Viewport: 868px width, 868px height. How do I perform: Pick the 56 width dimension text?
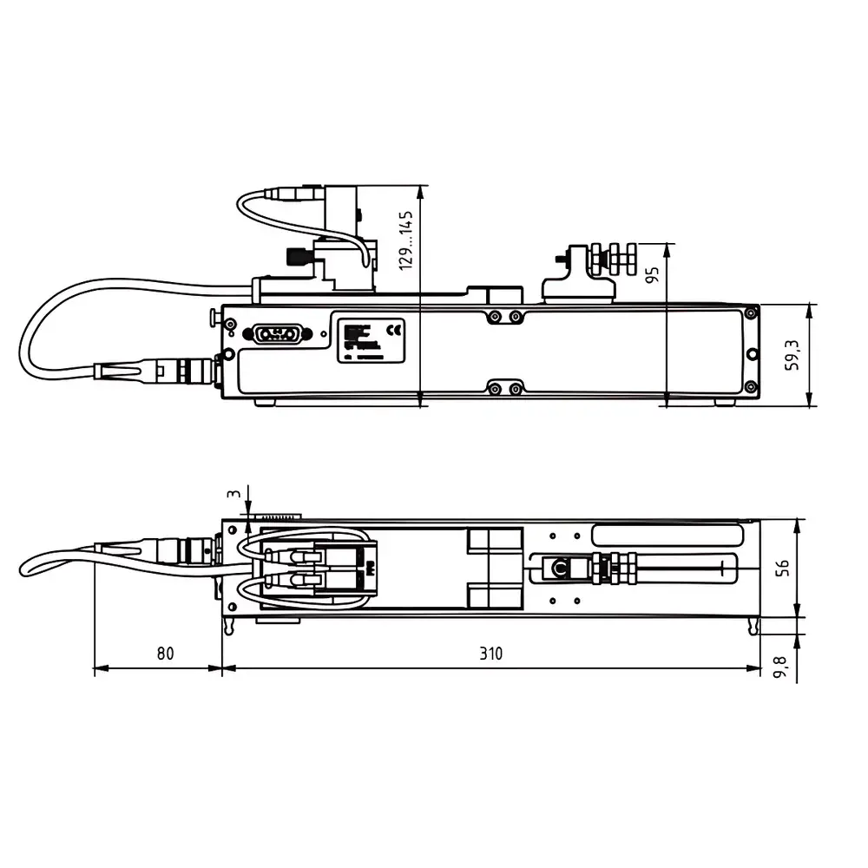click(782, 569)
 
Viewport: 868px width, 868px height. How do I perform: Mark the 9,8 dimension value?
click(782, 667)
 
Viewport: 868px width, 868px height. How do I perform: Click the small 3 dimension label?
click(232, 494)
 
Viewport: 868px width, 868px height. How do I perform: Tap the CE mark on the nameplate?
click(394, 330)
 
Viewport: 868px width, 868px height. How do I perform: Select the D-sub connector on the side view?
click(275, 334)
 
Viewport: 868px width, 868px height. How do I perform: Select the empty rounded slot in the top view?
click(666, 531)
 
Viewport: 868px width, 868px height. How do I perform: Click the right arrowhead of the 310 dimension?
click(754, 668)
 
